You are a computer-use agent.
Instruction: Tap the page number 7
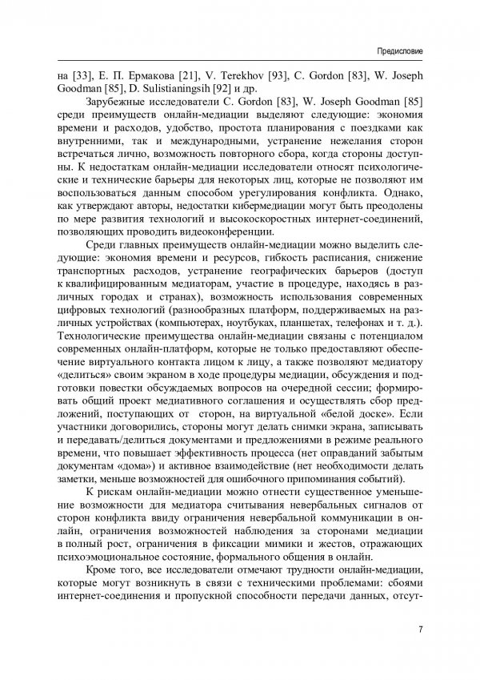pos(420,629)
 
